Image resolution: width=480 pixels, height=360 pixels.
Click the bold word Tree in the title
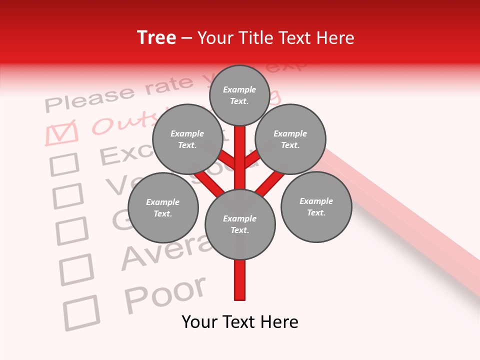(x=156, y=37)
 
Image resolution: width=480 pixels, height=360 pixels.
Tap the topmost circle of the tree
(x=239, y=95)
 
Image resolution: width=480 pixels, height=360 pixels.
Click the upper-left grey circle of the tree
(x=187, y=139)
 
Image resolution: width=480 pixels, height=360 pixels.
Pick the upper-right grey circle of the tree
(x=290, y=139)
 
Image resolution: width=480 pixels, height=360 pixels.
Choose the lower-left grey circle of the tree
(x=163, y=207)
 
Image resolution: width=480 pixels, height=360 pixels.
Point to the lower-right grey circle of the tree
(x=316, y=207)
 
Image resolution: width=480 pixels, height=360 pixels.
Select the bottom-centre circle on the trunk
(x=240, y=224)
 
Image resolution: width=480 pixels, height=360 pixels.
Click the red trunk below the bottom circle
(x=240, y=280)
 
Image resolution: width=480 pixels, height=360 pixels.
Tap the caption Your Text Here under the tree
(x=240, y=322)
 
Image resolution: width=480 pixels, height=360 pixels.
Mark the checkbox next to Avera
(x=76, y=269)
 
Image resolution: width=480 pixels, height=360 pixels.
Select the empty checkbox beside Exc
(x=65, y=164)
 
